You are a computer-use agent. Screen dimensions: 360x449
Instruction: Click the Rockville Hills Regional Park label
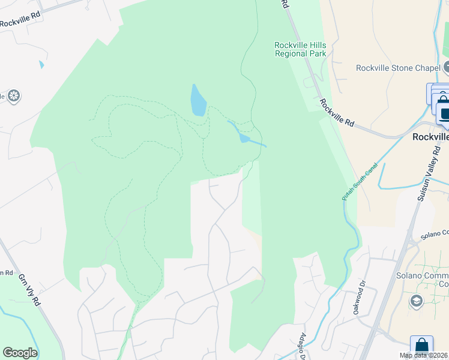[300, 49]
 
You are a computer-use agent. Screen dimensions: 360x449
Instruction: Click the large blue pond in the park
[198, 100]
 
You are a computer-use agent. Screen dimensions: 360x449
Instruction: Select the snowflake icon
[14, 95]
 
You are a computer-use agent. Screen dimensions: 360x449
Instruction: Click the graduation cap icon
[415, 300]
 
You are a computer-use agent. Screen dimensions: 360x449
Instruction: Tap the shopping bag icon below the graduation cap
[421, 346]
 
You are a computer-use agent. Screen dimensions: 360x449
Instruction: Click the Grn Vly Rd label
[29, 290]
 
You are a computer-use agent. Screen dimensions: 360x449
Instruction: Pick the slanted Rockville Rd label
[337, 112]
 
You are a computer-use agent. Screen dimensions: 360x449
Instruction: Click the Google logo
[20, 353]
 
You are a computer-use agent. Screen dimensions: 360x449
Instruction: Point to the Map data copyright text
[424, 355]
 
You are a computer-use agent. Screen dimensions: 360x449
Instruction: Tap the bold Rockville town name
[430, 137]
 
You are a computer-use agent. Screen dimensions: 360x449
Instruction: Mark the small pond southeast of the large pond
[244, 138]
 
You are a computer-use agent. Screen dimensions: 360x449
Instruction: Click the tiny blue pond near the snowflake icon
[41, 64]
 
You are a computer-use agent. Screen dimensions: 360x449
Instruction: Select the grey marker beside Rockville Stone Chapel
[445, 68]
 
